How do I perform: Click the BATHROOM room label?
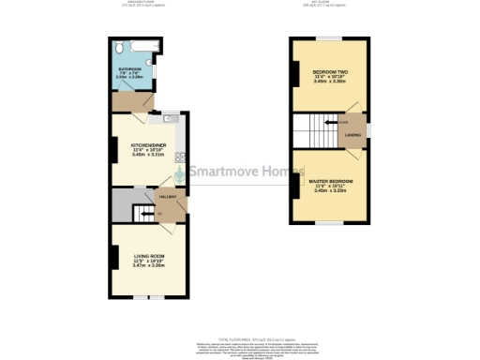129,69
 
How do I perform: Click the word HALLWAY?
169,198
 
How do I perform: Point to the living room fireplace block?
113,255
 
